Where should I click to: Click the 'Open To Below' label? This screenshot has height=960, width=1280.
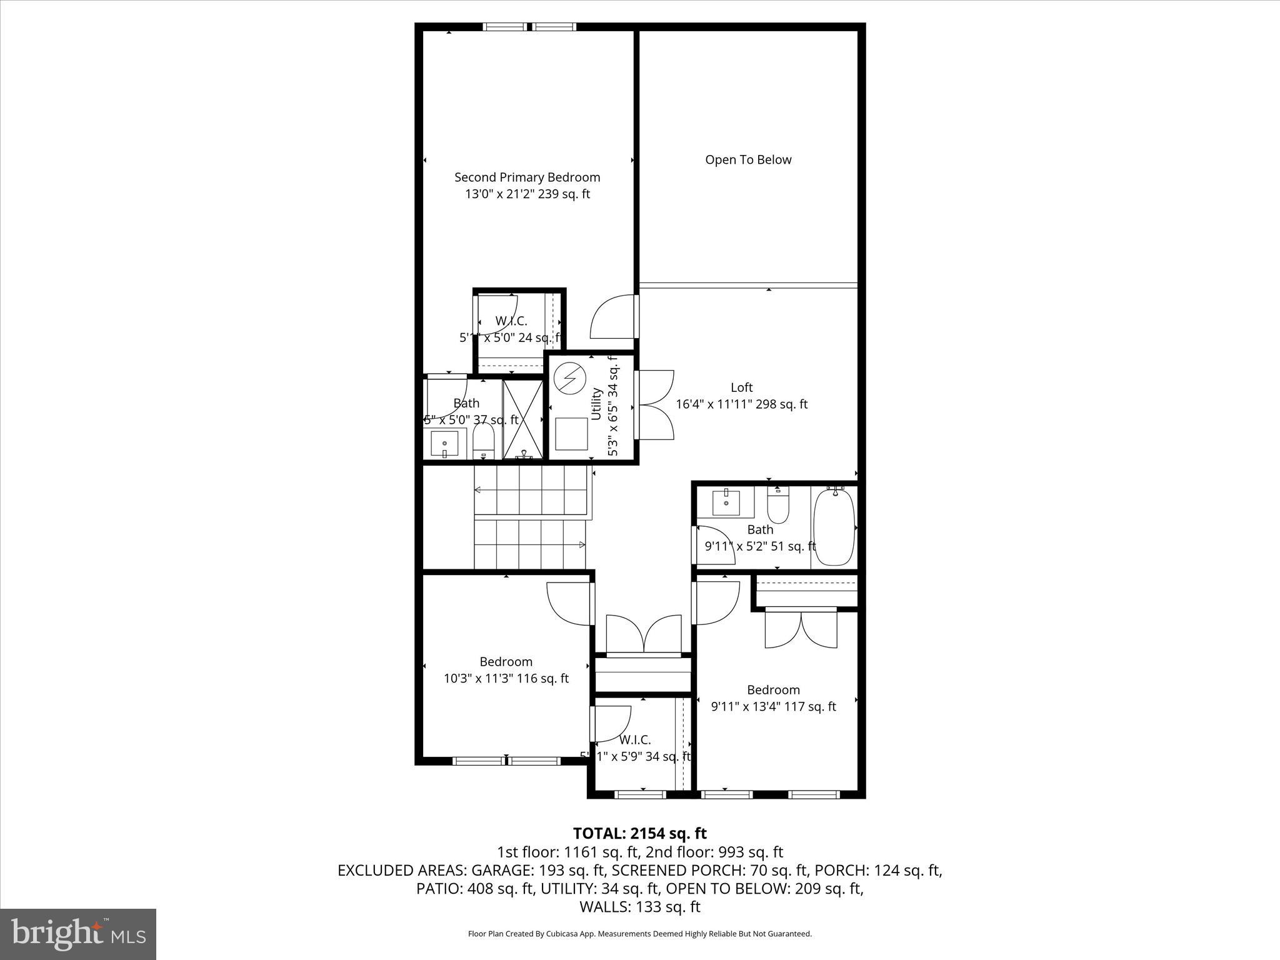(x=748, y=159)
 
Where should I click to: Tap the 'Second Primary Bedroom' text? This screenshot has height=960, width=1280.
(x=527, y=177)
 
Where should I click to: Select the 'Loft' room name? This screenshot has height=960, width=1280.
(x=741, y=387)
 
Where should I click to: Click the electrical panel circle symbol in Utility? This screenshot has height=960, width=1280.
(x=570, y=379)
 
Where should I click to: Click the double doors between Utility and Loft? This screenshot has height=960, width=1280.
(x=654, y=405)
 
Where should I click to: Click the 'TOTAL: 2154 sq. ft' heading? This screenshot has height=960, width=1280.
(x=639, y=833)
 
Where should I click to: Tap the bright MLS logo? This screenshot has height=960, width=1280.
(x=78, y=934)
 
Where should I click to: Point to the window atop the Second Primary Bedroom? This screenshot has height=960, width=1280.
(x=529, y=27)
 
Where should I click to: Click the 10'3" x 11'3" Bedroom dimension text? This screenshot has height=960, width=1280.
(x=506, y=678)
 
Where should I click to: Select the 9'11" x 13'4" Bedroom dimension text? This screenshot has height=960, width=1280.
(x=774, y=706)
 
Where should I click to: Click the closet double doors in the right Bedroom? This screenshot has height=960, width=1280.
(x=801, y=629)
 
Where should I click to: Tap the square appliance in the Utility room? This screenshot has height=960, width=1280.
(x=571, y=434)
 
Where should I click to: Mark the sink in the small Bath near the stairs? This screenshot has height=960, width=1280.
(x=444, y=443)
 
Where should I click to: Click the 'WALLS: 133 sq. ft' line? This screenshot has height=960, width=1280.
(x=639, y=907)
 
